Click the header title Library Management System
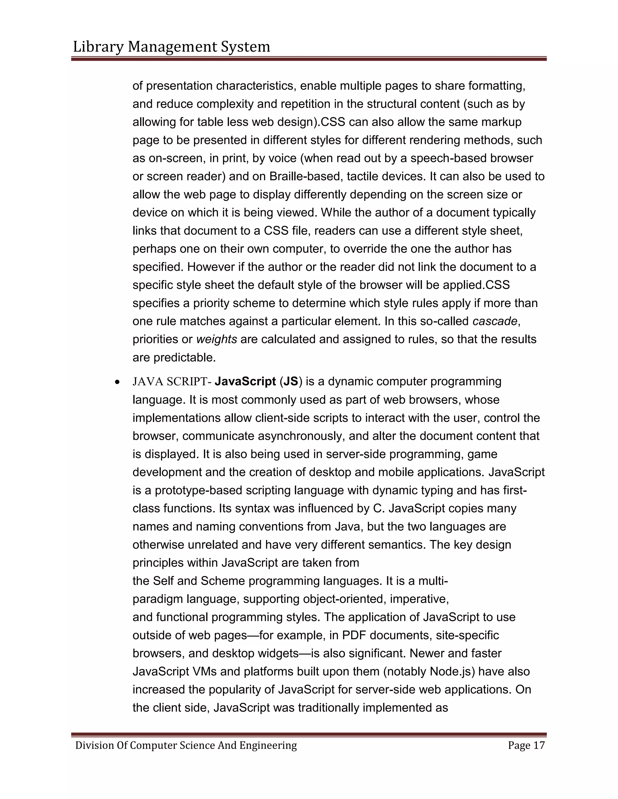coord(171,47)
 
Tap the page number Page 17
coord(526,745)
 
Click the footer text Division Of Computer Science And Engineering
coord(186,745)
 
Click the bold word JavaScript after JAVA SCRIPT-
coord(245,382)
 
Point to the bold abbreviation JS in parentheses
coord(291,382)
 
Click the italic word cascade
coord(495,321)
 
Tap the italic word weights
coord(217,339)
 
